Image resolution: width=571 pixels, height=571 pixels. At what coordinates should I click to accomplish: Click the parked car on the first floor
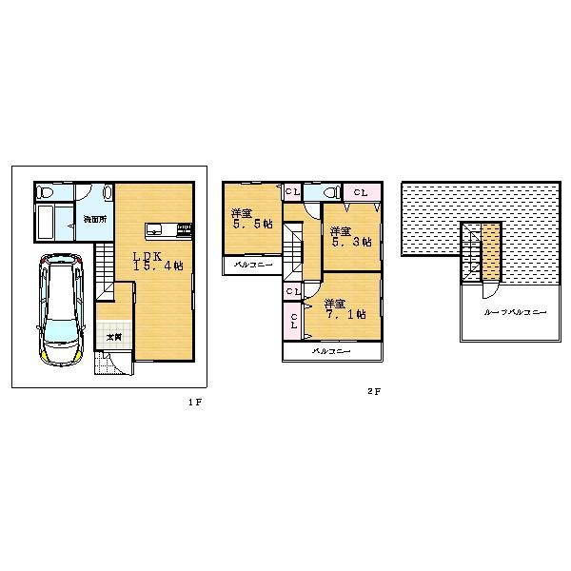(x=58, y=308)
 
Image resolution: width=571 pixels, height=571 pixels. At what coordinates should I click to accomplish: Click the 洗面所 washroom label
(x=93, y=219)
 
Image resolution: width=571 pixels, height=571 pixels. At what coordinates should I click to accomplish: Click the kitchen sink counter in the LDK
(x=168, y=228)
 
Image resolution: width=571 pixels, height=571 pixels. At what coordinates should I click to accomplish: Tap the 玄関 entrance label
(x=112, y=336)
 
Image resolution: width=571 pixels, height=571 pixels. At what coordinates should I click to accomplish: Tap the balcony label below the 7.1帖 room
(x=331, y=351)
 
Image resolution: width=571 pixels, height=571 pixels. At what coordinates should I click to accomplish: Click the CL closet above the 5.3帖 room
(x=361, y=192)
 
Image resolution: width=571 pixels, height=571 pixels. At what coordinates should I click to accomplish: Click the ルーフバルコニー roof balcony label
(x=515, y=311)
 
